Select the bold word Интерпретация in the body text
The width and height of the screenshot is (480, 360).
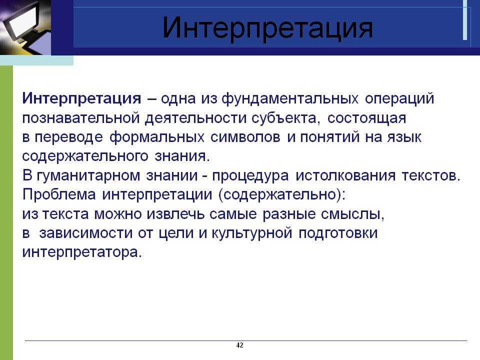[81, 98]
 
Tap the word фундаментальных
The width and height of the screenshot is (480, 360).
[290, 98]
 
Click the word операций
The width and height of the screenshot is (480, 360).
[399, 98]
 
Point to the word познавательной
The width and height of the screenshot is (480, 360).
[81, 118]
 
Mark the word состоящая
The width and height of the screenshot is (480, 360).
[366, 118]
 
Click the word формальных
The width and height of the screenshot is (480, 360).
[156, 137]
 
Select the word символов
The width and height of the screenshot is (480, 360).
[245, 137]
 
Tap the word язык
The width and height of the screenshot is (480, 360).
[404, 137]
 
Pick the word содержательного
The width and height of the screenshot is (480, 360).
[85, 156]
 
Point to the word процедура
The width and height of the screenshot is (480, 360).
[250, 176]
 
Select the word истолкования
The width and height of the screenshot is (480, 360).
[345, 175]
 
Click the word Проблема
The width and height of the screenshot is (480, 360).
[59, 194]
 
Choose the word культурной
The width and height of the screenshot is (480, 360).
[251, 233]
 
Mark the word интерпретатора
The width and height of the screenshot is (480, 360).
[82, 252]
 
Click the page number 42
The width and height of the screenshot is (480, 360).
[239, 345]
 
